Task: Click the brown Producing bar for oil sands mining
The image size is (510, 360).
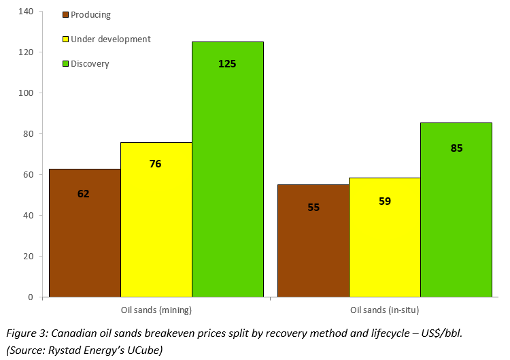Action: click(x=85, y=233)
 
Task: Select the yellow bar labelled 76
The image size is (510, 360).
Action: click(x=156, y=220)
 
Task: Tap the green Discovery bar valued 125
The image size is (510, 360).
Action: click(x=228, y=169)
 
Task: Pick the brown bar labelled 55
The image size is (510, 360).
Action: click(x=313, y=241)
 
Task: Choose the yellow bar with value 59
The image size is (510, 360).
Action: click(x=385, y=238)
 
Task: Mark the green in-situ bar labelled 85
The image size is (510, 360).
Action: click(x=456, y=210)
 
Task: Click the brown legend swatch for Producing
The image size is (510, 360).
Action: click(x=65, y=15)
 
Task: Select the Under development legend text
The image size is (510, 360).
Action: click(x=111, y=39)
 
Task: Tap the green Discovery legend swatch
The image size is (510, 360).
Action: click(x=65, y=64)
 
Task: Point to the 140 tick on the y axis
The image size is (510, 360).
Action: click(x=26, y=12)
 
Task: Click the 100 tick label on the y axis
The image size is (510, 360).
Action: click(x=26, y=93)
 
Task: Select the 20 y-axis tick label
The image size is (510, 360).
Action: click(x=29, y=257)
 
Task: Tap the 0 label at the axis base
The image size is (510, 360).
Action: click(x=31, y=297)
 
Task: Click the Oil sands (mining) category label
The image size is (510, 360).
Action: click(x=156, y=310)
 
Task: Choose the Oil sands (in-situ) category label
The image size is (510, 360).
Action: click(x=385, y=310)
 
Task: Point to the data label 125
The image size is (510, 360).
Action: click(x=227, y=64)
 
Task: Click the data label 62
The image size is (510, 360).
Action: click(x=83, y=194)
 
